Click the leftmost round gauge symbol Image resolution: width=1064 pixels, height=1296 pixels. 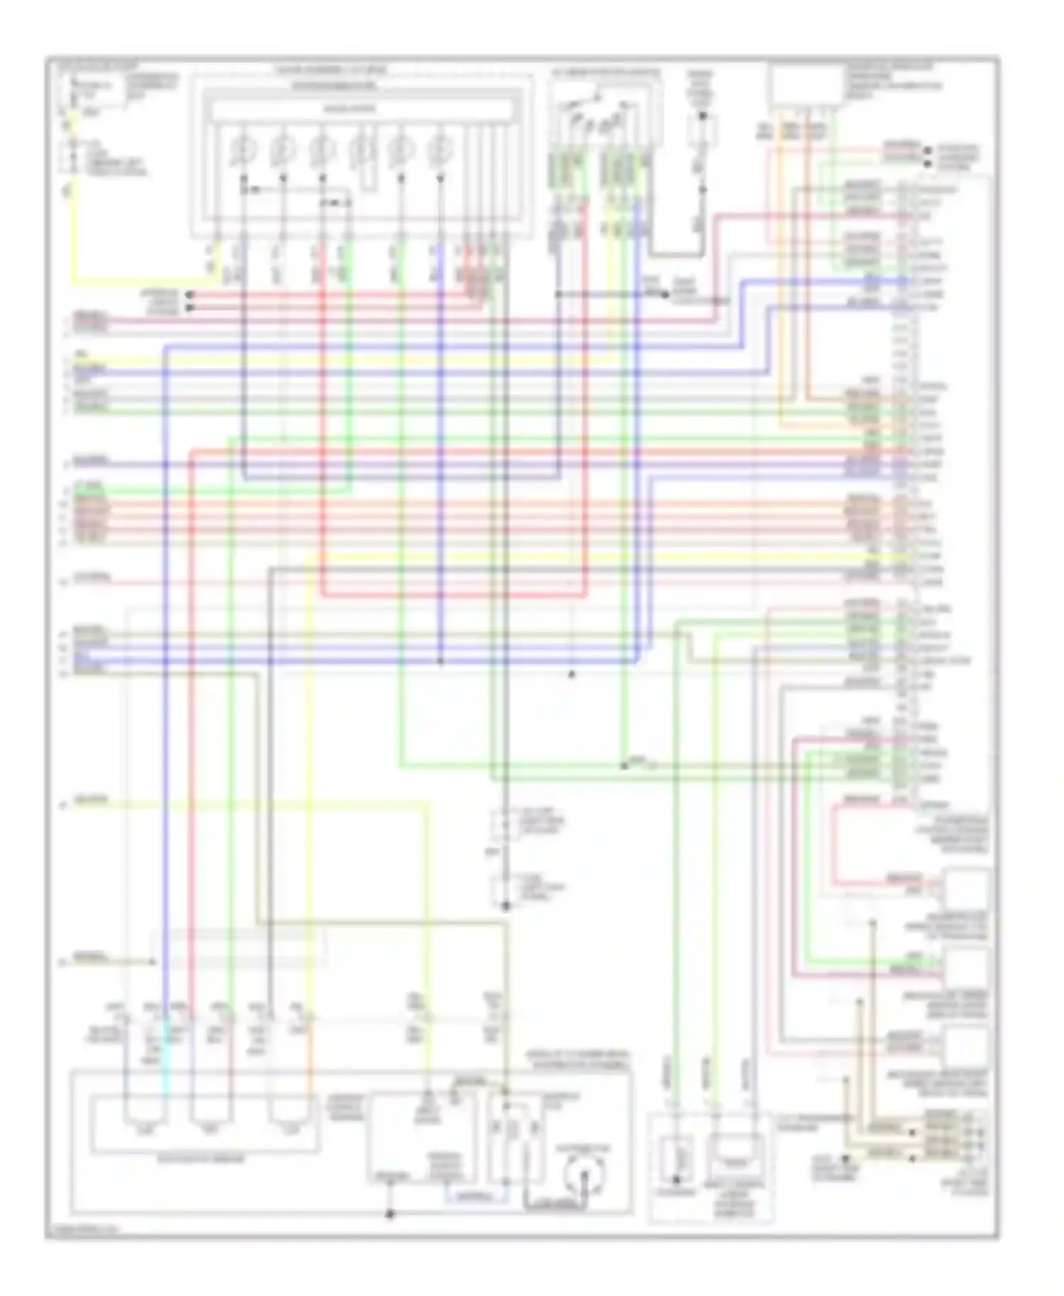pyautogui.click(x=243, y=150)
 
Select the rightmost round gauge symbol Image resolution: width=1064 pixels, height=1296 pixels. pyautogui.click(x=440, y=150)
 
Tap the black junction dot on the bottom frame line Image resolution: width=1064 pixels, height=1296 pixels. pyautogui.click(x=389, y=1214)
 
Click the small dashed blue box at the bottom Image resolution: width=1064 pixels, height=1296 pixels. pyautogui.click(x=476, y=1196)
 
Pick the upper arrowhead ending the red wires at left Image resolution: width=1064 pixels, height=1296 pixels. pyautogui.click(x=189, y=294)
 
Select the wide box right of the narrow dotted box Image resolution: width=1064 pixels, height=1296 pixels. pyautogui.click(x=736, y=1153)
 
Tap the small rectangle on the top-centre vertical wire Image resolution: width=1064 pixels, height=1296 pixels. pyautogui.click(x=702, y=130)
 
